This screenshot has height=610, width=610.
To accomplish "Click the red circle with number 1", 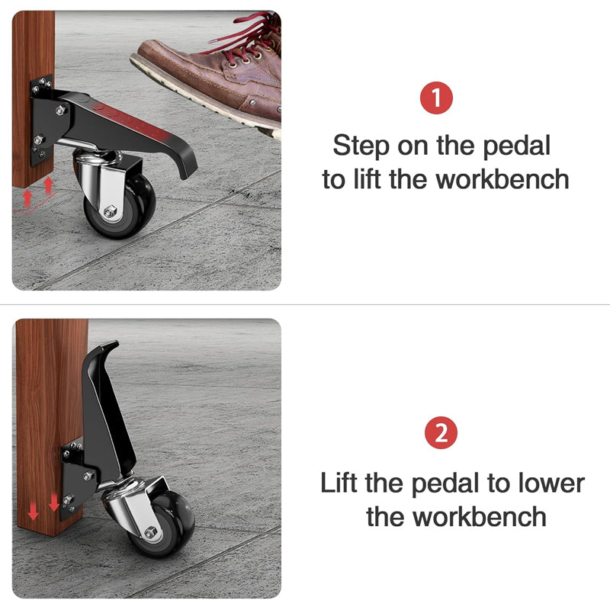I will coord(437,99).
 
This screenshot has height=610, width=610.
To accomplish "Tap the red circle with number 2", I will coord(441,434).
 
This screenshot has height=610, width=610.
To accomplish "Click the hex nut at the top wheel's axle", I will coord(111,212).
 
